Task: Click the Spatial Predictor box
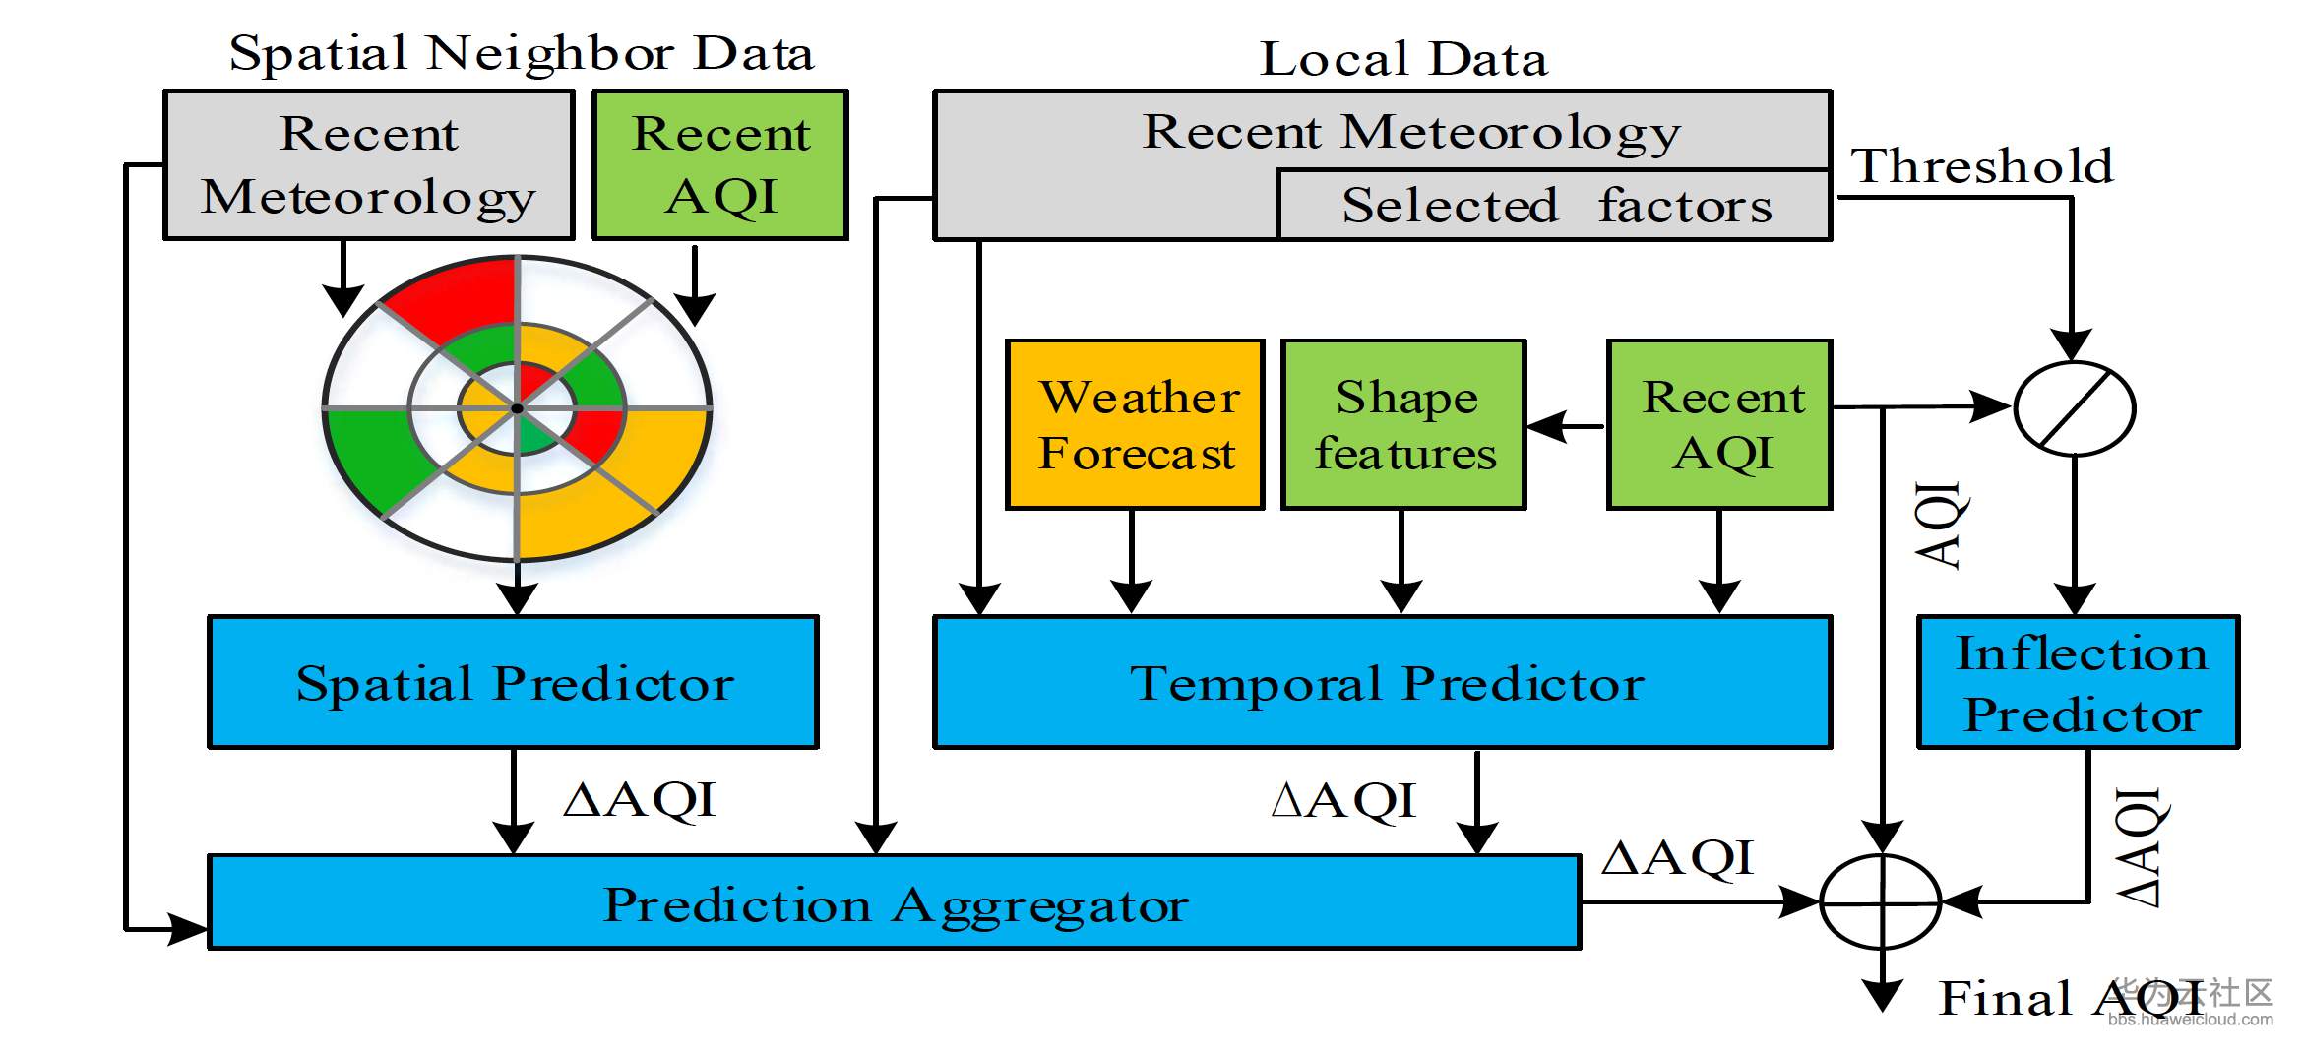pos(513,682)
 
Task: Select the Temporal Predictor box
pos(1382,682)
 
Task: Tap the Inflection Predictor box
pos(2079,682)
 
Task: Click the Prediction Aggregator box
pos(895,902)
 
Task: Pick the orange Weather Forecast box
pos(1135,424)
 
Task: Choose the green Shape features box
pos(1403,424)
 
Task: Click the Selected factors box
pos(1554,206)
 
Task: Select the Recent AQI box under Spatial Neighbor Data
pos(720,164)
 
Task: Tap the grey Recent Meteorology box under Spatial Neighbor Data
pos(369,164)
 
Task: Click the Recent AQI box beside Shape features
pos(1719,424)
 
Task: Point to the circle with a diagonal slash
pos(2075,407)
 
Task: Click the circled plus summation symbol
pos(1881,900)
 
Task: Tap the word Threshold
pos(1981,165)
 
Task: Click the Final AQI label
pos(2067,998)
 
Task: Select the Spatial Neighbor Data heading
pos(522,53)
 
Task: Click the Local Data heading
pos(1403,59)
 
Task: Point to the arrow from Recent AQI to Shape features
pos(1566,426)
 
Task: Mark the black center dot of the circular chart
pos(517,407)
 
